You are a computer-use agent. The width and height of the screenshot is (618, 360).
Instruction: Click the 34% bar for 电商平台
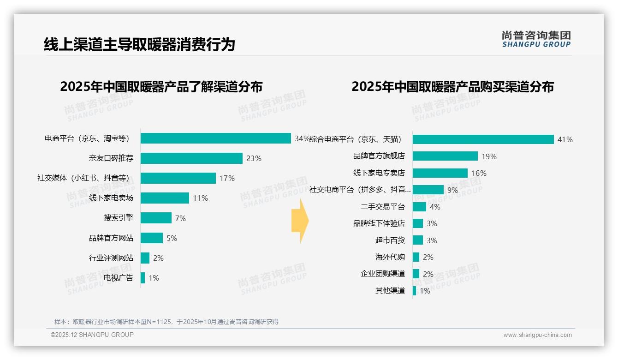(x=215, y=138)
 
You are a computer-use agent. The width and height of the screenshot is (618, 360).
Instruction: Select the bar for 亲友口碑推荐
(x=191, y=158)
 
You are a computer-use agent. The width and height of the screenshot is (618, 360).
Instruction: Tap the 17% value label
(x=227, y=178)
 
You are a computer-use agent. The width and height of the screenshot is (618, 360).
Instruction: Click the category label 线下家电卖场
(x=111, y=198)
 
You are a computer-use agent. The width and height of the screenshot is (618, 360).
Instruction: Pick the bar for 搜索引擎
(x=156, y=218)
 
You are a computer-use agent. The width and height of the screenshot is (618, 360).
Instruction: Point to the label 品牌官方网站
(x=111, y=238)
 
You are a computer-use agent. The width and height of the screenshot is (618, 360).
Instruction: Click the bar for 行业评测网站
(x=145, y=258)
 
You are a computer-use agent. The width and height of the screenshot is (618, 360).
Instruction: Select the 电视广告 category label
(x=119, y=278)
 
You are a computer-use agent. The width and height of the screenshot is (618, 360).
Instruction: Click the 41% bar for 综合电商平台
(x=483, y=139)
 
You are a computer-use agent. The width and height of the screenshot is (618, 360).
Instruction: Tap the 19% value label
(x=489, y=156)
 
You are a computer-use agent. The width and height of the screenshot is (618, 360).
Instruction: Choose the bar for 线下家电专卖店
(x=440, y=173)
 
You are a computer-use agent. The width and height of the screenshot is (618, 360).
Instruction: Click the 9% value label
(x=452, y=190)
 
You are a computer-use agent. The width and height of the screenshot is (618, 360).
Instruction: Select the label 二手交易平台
(x=383, y=207)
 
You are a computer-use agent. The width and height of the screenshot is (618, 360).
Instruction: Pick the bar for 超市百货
(x=417, y=240)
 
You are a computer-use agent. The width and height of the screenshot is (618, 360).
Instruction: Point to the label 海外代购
(x=390, y=257)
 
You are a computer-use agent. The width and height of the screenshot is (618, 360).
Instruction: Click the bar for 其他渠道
(x=414, y=291)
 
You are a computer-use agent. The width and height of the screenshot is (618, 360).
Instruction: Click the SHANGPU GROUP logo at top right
(x=536, y=39)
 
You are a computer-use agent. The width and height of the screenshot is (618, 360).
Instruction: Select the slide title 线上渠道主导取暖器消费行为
(x=139, y=44)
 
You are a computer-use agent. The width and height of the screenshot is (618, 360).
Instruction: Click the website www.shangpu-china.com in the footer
(x=537, y=335)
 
